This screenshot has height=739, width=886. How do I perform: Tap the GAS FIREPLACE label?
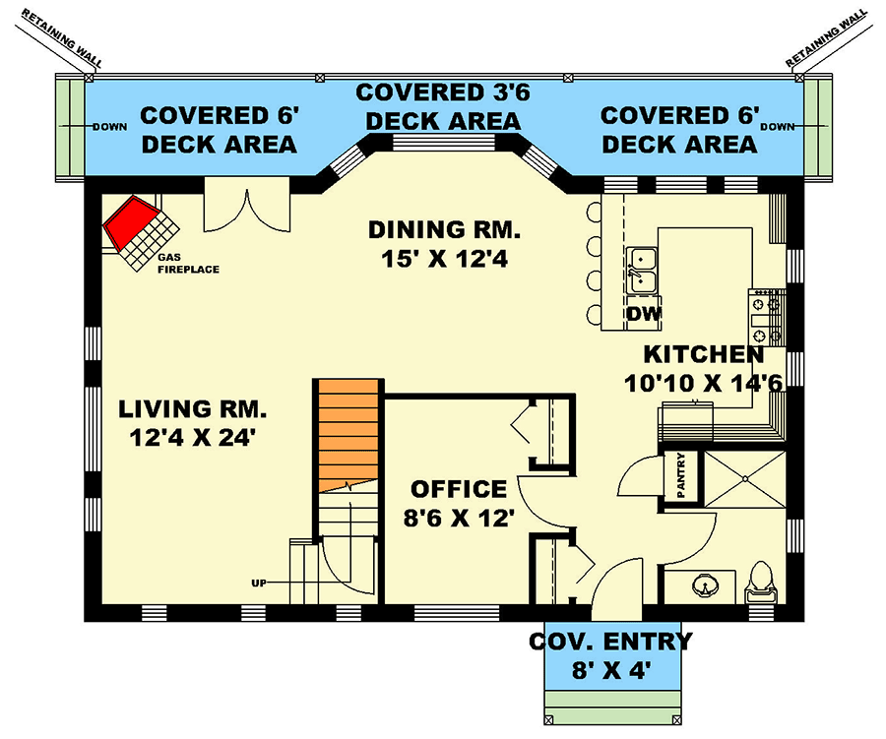pyautogui.click(x=186, y=263)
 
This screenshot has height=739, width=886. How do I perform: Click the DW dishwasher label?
pyautogui.click(x=644, y=315)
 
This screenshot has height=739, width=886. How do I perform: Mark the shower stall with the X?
pyautogui.click(x=744, y=477)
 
